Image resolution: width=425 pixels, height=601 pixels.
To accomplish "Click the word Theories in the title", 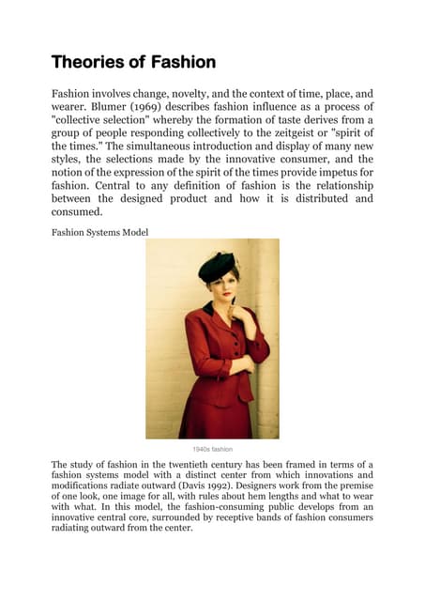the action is [86, 63].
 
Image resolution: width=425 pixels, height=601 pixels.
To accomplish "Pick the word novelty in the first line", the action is [203, 94].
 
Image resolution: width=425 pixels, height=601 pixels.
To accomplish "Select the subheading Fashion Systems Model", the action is [99, 232].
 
